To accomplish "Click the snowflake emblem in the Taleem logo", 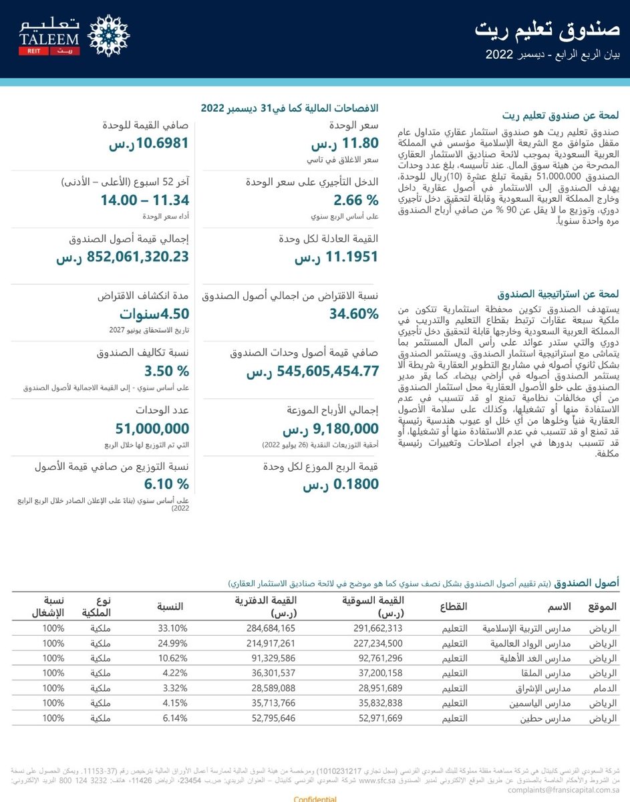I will pos(109,35).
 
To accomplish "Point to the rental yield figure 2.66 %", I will pos(356,200).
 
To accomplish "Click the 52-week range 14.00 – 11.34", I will pos(145,200).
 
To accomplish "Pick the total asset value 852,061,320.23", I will pos(123,257).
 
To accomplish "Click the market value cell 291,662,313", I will pos(377,628).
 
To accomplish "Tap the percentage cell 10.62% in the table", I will pos(175,658).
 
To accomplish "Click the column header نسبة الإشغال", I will pos(50,606).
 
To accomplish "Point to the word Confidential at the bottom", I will pos(315,798).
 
